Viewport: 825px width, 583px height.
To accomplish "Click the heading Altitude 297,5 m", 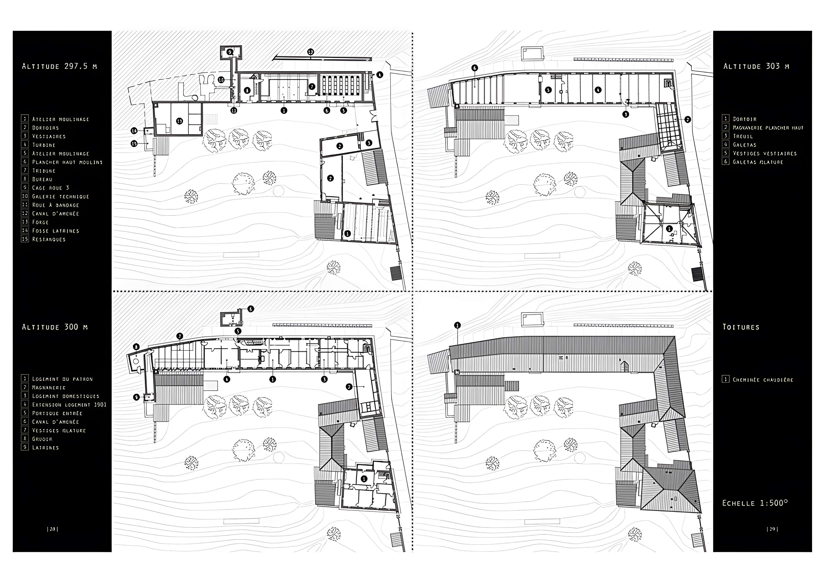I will (x=59, y=66).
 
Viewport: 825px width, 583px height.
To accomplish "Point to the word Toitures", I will (x=741, y=327).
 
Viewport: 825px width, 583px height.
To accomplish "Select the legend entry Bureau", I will (x=42, y=179).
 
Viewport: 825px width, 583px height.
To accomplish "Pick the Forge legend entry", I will (x=40, y=222).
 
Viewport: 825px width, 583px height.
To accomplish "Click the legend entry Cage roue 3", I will (x=50, y=188).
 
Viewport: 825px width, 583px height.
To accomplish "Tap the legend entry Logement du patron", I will (x=62, y=379).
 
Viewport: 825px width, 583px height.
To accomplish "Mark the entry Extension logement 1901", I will (x=69, y=405).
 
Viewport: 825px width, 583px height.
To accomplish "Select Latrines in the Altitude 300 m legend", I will (x=45, y=448).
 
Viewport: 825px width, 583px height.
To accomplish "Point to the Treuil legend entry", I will (x=742, y=136).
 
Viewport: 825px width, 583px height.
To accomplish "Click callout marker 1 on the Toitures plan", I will (x=457, y=326).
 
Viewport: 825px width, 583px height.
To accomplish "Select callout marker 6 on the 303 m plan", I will (x=475, y=68).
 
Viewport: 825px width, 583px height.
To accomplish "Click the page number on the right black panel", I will (x=772, y=529).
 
